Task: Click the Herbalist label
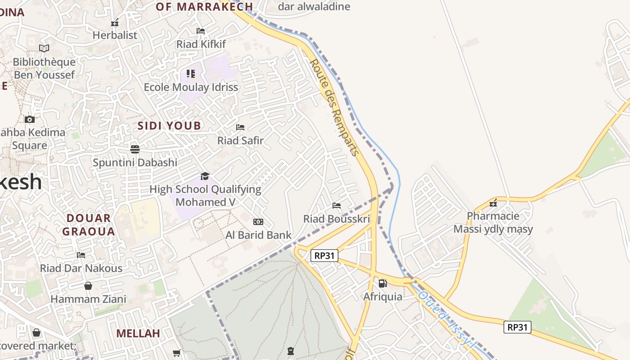tap(115, 35)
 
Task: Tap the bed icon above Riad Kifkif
tap(201, 31)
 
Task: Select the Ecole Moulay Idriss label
tap(191, 87)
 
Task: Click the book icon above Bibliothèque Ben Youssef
tap(44, 48)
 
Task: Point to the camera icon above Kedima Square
tap(30, 119)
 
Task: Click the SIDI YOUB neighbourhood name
tap(169, 126)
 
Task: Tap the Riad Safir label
tap(240, 140)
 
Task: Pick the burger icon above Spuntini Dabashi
tap(135, 149)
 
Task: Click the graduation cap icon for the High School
tap(205, 176)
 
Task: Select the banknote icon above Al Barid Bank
tap(258, 222)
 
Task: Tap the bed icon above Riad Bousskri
tap(337, 206)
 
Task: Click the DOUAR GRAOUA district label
tap(89, 225)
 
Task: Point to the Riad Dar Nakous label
tap(81, 268)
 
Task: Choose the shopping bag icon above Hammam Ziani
tap(88, 286)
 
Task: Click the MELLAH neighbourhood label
tap(138, 333)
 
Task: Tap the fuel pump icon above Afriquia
tap(382, 283)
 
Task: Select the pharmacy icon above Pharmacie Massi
tap(493, 202)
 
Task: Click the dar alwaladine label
tap(314, 6)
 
